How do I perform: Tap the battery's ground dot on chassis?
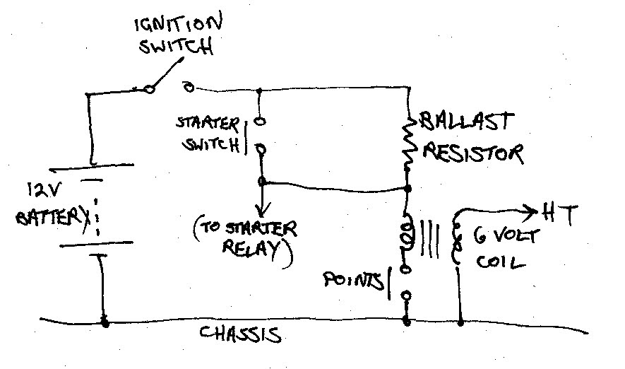click(105, 323)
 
